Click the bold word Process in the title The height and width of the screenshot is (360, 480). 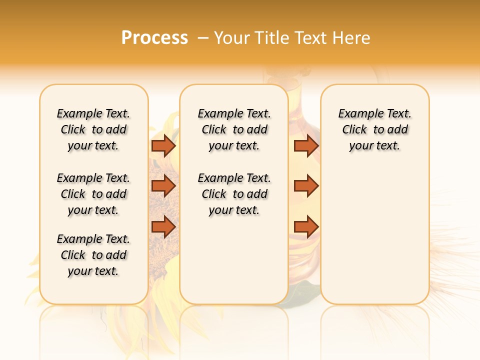point(154,38)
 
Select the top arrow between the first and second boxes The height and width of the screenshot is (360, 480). point(163,146)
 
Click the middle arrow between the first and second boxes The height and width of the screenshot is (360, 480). point(163,186)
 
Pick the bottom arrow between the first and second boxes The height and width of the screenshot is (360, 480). point(163,226)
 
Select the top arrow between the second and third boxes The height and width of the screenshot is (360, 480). point(306,146)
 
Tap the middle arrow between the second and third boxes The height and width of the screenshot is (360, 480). point(306,186)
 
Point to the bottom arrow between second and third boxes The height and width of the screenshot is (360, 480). point(306,226)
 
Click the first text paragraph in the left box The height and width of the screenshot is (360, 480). point(93,129)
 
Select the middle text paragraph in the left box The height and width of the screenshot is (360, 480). point(93,194)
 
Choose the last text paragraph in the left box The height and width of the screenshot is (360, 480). point(93,255)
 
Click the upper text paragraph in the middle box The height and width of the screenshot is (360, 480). point(234,129)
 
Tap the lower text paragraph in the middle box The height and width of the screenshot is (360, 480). point(234,194)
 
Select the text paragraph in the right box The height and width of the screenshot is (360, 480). point(374,129)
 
